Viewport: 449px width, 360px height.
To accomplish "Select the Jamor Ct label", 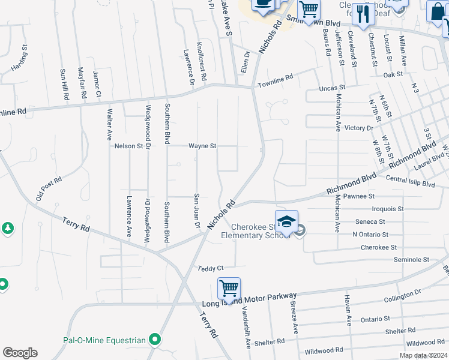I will click(x=97, y=85).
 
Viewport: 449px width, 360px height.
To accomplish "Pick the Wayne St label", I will click(x=202, y=146).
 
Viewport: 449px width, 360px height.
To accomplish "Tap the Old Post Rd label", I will click(x=49, y=189).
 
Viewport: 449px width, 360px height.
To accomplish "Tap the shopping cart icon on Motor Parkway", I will click(x=229, y=288).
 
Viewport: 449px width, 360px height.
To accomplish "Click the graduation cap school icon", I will click(x=286, y=221).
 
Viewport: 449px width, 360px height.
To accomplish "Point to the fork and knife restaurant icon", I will click(x=363, y=14).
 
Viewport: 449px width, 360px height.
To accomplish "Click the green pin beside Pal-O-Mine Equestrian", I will click(x=155, y=340).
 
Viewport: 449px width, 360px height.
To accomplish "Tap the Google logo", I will click(x=20, y=353).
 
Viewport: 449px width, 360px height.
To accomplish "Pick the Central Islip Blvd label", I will click(x=411, y=179).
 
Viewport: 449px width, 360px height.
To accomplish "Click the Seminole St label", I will click(x=411, y=260).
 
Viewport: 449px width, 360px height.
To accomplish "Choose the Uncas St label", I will click(x=332, y=88).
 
